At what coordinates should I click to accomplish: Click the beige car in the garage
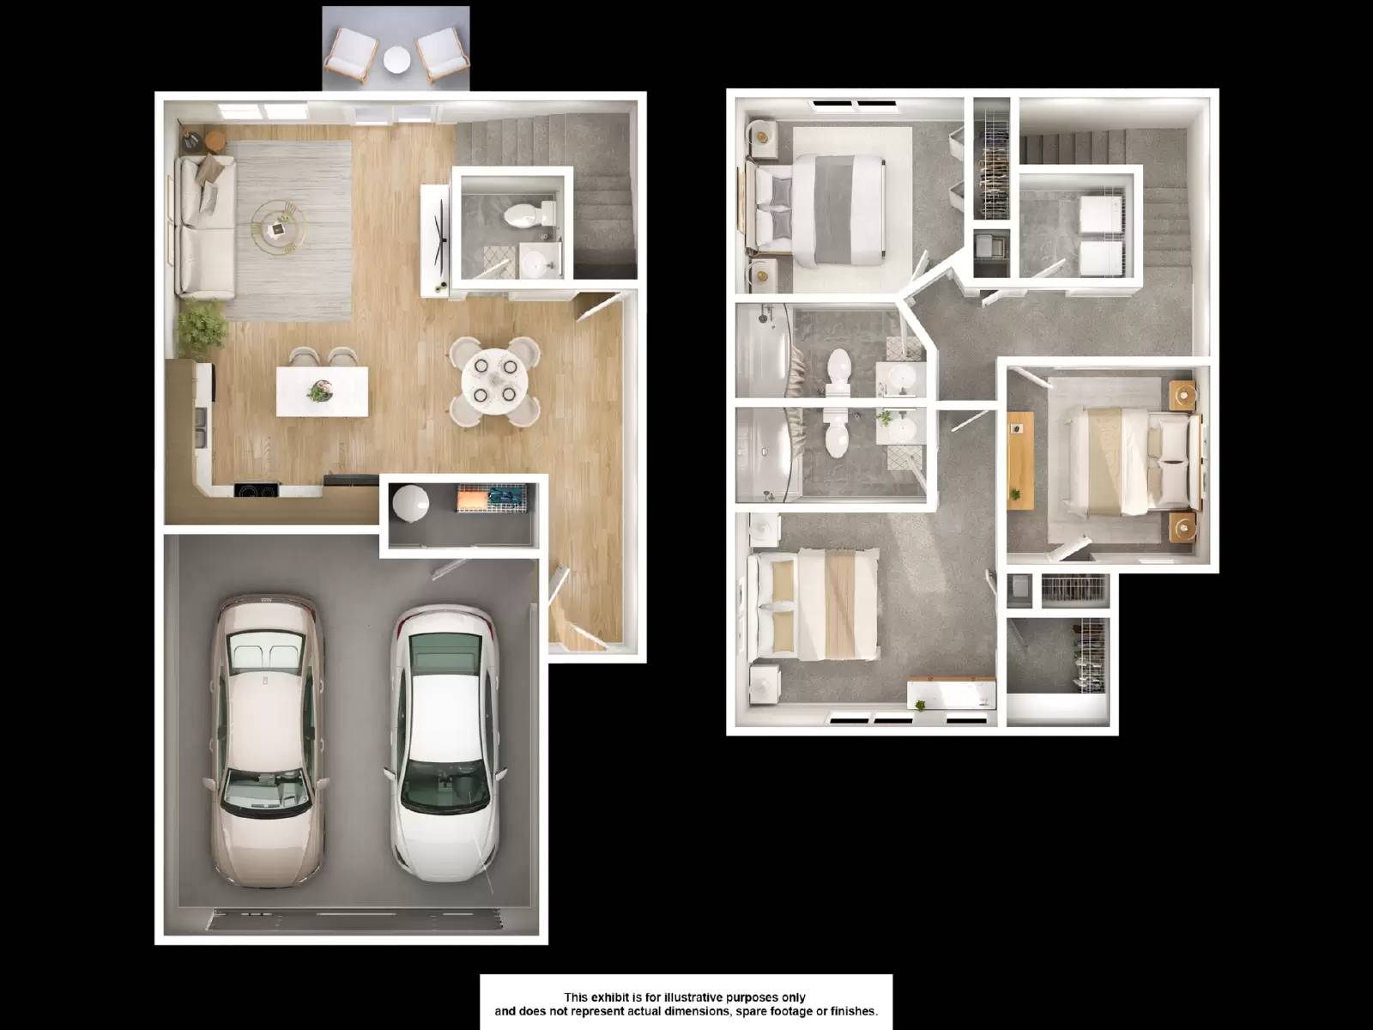click(x=266, y=742)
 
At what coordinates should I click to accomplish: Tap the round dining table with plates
click(x=495, y=379)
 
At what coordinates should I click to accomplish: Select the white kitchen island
click(x=323, y=391)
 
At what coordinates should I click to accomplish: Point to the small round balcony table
click(x=396, y=59)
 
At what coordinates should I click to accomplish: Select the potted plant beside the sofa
click(x=201, y=329)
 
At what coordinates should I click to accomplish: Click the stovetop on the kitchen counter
click(x=257, y=491)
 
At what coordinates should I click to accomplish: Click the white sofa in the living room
click(x=204, y=227)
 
